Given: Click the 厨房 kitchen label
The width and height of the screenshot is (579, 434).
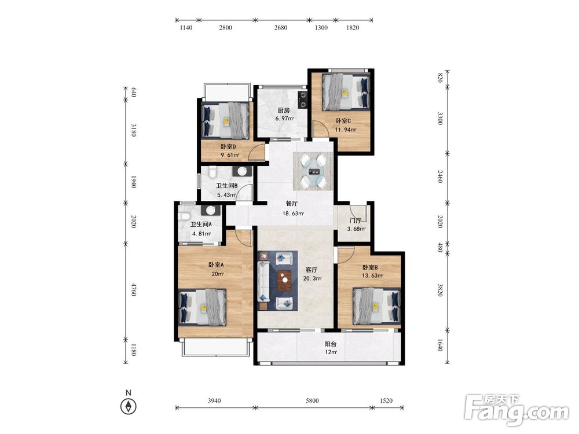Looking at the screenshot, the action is coord(284,111).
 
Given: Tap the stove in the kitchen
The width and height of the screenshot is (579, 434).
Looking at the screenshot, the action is coord(302,100).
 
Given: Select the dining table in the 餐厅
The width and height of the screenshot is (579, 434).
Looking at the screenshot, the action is coord(315,171).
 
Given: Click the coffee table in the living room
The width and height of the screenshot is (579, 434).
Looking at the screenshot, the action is coord(284,279).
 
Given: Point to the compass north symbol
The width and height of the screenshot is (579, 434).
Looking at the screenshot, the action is coord(128,406).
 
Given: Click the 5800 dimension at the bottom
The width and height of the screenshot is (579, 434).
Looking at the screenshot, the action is coord(312,400).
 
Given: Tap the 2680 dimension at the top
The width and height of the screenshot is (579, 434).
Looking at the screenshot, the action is coord(281,27).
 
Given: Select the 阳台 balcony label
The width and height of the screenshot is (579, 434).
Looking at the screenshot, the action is coord(331,344).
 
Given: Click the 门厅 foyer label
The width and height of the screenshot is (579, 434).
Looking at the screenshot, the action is coord(355,220).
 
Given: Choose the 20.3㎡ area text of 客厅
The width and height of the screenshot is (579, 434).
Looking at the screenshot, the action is coord(312,278).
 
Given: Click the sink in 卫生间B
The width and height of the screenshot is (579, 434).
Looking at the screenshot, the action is coord(242,171).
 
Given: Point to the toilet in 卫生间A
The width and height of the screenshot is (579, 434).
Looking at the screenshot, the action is coord(184,215).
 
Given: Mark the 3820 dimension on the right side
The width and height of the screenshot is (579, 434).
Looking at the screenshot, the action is coord(440,290).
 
